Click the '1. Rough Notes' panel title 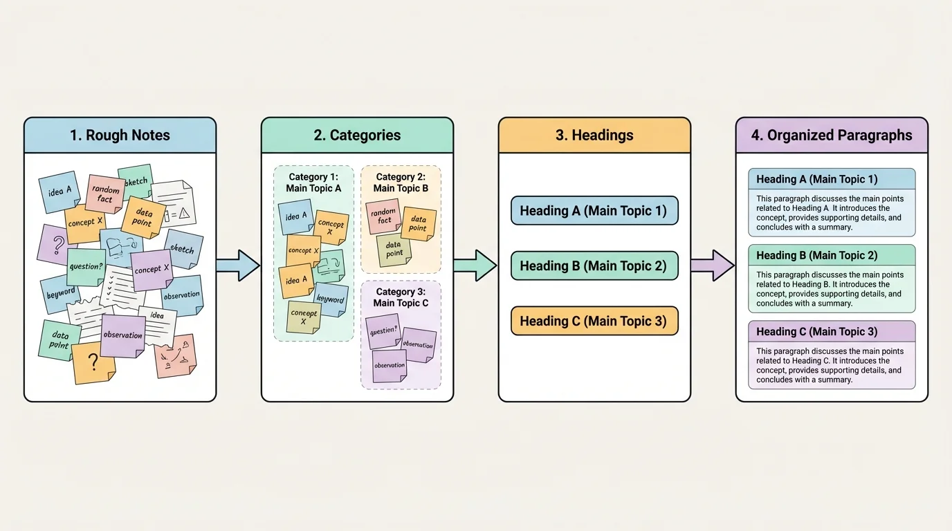[x=120, y=136]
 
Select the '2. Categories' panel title [x=357, y=136]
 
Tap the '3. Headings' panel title [x=594, y=136]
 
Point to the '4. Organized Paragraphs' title [x=832, y=136]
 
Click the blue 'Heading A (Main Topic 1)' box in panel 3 [x=594, y=211]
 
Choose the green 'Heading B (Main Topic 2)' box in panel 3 [x=594, y=266]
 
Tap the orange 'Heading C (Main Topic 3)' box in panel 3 [x=594, y=322]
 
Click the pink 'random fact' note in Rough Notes [x=105, y=194]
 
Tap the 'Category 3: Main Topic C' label [x=401, y=297]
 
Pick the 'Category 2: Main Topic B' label [x=401, y=183]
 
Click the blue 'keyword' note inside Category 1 [x=331, y=300]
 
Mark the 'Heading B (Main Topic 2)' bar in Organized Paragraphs [x=832, y=255]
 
